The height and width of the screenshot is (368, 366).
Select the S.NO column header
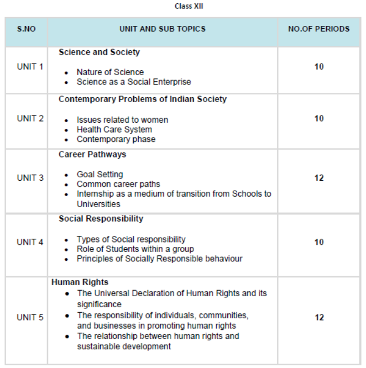(x=27, y=29)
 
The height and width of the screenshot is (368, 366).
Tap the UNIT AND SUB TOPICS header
(x=162, y=29)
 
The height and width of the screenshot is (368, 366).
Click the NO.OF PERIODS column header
(x=318, y=29)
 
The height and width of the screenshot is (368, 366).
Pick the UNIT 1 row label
(x=30, y=67)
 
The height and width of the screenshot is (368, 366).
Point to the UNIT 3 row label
(x=30, y=178)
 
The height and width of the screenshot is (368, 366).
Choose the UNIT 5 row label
(x=30, y=317)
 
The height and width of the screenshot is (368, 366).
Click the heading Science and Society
(x=99, y=52)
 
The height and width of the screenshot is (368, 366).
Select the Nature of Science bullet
(x=110, y=72)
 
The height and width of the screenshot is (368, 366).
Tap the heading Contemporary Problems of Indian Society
(x=143, y=99)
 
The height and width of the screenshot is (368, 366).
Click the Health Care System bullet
(x=114, y=129)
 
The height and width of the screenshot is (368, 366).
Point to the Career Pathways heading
(x=92, y=154)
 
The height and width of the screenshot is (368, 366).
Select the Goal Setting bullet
(x=100, y=174)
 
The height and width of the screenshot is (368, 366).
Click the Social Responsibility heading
(x=101, y=219)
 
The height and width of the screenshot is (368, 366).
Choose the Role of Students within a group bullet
(x=135, y=249)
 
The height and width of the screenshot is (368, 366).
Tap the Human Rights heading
(x=80, y=282)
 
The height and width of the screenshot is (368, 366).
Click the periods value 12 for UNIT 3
(x=319, y=178)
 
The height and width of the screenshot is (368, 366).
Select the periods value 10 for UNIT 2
(x=319, y=118)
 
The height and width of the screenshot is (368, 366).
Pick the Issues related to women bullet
(x=122, y=119)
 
